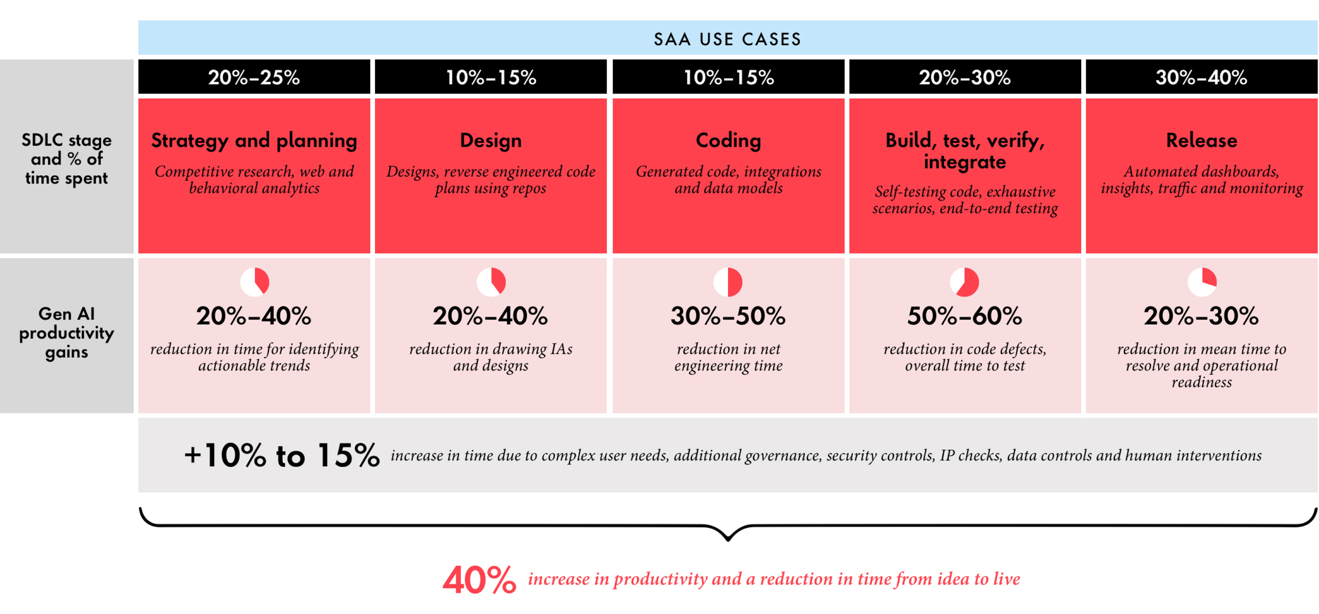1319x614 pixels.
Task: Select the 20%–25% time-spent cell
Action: click(x=254, y=77)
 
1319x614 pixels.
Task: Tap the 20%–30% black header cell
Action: click(x=965, y=77)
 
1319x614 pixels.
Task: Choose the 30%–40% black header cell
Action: click(x=1201, y=77)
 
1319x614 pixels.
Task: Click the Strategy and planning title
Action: click(x=254, y=140)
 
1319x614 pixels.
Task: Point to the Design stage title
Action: click(x=490, y=140)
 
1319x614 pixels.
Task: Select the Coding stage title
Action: click(x=728, y=140)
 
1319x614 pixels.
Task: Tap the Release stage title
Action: click(x=1201, y=140)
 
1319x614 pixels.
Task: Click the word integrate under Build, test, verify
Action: click(x=965, y=162)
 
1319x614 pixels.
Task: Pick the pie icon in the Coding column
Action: click(x=728, y=282)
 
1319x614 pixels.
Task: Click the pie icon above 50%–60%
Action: click(x=964, y=282)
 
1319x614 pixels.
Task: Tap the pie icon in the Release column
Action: click(x=1202, y=282)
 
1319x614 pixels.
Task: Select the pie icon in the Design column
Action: click(x=491, y=282)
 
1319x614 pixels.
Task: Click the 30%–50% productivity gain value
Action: click(x=728, y=316)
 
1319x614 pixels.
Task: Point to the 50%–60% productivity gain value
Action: click(x=965, y=316)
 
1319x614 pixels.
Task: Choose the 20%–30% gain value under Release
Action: click(x=1201, y=316)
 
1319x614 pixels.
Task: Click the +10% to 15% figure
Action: click(x=282, y=455)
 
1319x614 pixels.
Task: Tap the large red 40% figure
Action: click(x=479, y=580)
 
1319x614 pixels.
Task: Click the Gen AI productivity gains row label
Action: click(x=67, y=333)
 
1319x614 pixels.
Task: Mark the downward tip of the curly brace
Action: click(x=728, y=539)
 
